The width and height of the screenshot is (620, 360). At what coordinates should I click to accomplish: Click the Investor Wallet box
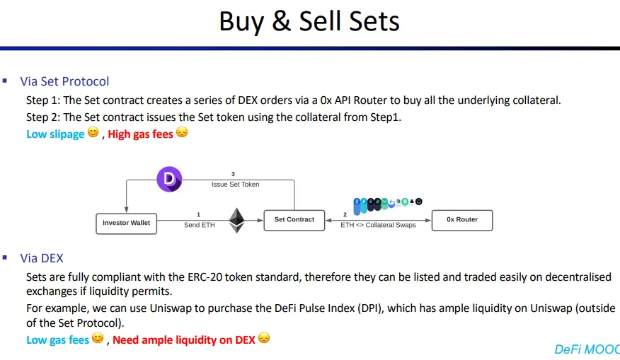pyautogui.click(x=127, y=223)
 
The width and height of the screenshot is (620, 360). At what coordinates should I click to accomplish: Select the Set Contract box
pyautogui.click(x=294, y=220)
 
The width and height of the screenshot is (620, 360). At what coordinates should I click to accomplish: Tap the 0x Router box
pyautogui.click(x=462, y=220)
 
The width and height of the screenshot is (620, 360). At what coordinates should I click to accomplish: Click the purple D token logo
pyautogui.click(x=169, y=179)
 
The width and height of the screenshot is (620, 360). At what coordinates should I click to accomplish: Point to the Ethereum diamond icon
pyautogui.click(x=237, y=220)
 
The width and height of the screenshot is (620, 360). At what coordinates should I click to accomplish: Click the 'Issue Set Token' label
pyautogui.click(x=235, y=184)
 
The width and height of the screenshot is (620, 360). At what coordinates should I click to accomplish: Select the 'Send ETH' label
pyautogui.click(x=200, y=225)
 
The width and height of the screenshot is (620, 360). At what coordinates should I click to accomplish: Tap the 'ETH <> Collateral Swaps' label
pyautogui.click(x=378, y=225)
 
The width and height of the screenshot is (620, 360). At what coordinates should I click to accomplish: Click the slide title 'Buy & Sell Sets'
pyautogui.click(x=309, y=21)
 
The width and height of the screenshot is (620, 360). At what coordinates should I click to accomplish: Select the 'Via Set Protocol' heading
pyautogui.click(x=64, y=81)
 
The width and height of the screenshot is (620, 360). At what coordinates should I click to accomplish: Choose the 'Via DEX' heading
pyautogui.click(x=42, y=258)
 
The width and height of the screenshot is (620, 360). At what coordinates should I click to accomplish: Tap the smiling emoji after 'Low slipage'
pyautogui.click(x=93, y=132)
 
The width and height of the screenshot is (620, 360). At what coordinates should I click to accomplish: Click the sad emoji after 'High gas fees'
pyautogui.click(x=182, y=132)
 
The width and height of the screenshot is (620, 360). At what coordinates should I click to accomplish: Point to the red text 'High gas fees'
pyautogui.click(x=140, y=134)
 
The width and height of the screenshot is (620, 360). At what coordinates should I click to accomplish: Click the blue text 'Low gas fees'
pyautogui.click(x=58, y=340)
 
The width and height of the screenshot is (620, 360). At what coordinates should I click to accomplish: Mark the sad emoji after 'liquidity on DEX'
pyautogui.click(x=264, y=338)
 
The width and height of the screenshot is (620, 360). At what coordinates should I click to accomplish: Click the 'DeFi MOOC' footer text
pyautogui.click(x=587, y=349)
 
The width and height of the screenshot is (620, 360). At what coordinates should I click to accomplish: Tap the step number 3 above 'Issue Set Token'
pyautogui.click(x=233, y=174)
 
